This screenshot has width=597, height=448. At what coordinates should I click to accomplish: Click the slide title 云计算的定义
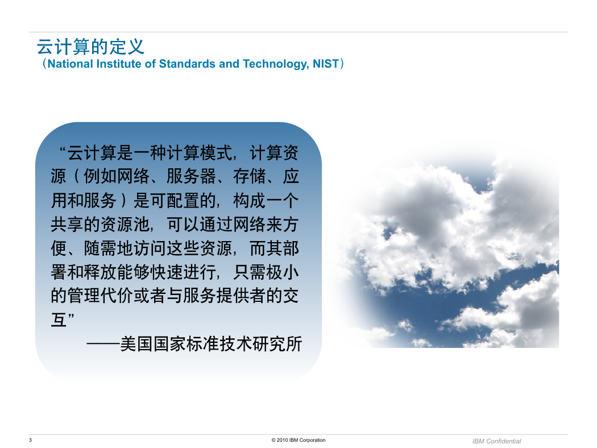click(90, 47)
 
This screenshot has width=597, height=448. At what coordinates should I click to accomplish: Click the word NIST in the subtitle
click(326, 64)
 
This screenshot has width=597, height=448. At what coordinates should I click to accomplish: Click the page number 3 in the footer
click(31, 440)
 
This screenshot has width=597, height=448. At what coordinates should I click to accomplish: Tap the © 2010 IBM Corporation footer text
click(298, 440)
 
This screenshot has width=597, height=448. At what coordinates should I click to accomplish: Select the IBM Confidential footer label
click(496, 441)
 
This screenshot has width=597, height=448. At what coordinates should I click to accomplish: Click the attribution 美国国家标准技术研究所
click(212, 344)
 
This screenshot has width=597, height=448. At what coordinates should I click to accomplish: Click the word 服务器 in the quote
click(191, 176)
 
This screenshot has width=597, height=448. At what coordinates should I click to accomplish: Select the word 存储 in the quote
click(250, 176)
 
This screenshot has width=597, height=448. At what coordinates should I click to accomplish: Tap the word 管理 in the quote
click(84, 296)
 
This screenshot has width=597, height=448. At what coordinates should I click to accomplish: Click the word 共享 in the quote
click(67, 224)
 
